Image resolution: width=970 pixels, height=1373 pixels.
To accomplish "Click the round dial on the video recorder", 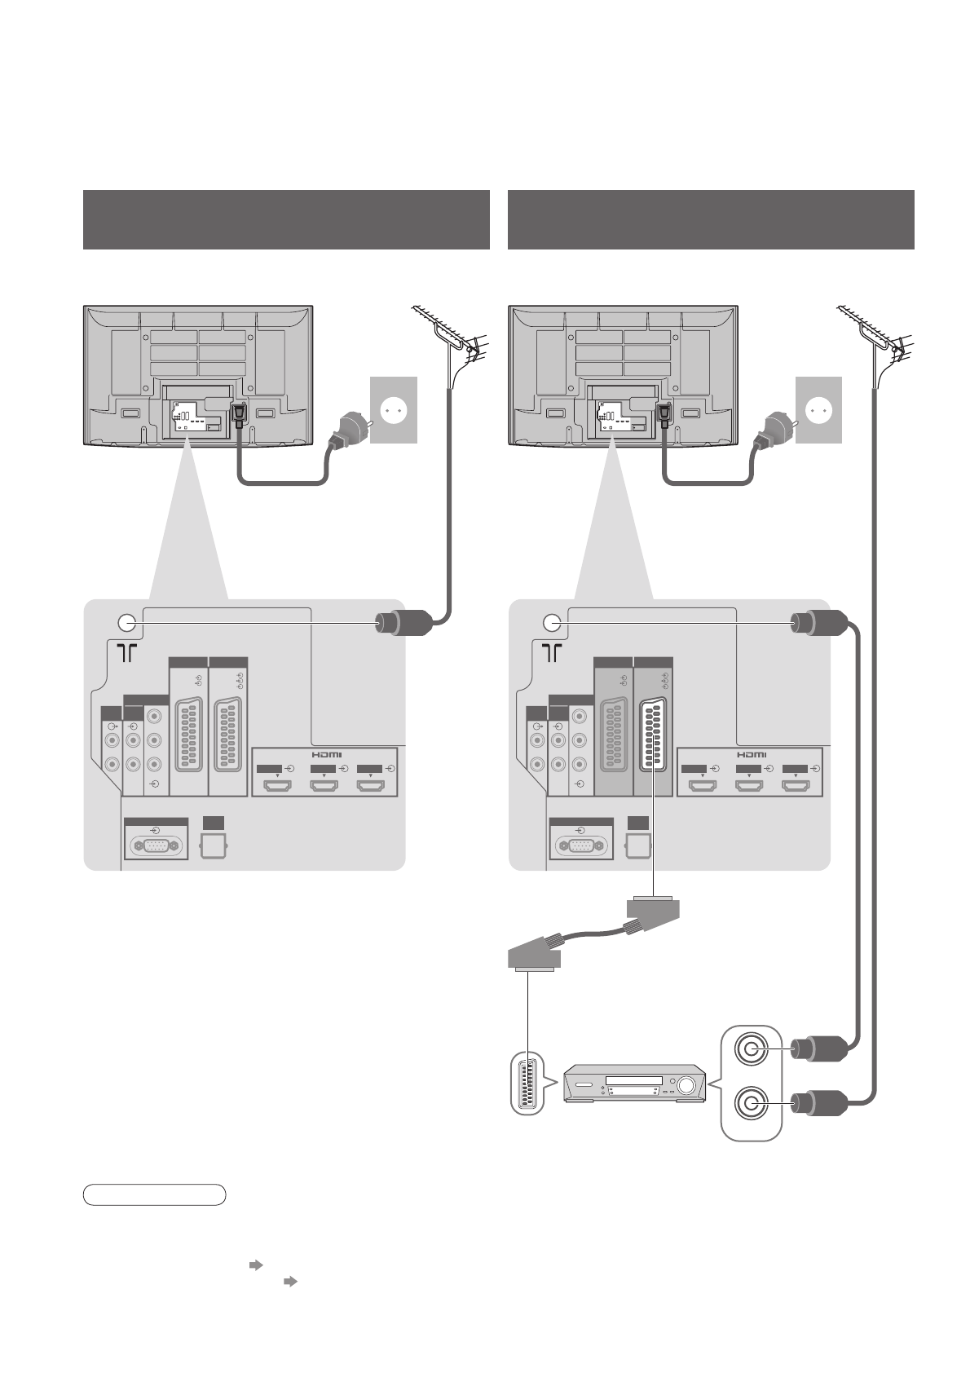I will [x=687, y=1084].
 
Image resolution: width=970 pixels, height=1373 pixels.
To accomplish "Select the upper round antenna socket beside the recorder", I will [x=751, y=1048].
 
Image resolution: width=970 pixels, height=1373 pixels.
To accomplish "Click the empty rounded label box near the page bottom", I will [x=154, y=1194].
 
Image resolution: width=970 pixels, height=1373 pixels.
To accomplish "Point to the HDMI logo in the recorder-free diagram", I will [x=326, y=754].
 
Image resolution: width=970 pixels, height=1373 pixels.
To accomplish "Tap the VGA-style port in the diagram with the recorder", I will [x=580, y=845].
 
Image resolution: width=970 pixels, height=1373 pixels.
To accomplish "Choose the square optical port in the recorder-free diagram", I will [x=214, y=845].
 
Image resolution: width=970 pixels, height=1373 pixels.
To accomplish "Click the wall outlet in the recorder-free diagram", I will [x=394, y=410].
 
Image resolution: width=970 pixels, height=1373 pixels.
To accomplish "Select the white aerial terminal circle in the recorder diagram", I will [x=552, y=623].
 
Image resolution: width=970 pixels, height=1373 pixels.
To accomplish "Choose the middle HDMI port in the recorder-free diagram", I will [x=324, y=787].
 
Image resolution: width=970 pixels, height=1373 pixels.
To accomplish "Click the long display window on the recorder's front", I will [x=633, y=1080].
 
